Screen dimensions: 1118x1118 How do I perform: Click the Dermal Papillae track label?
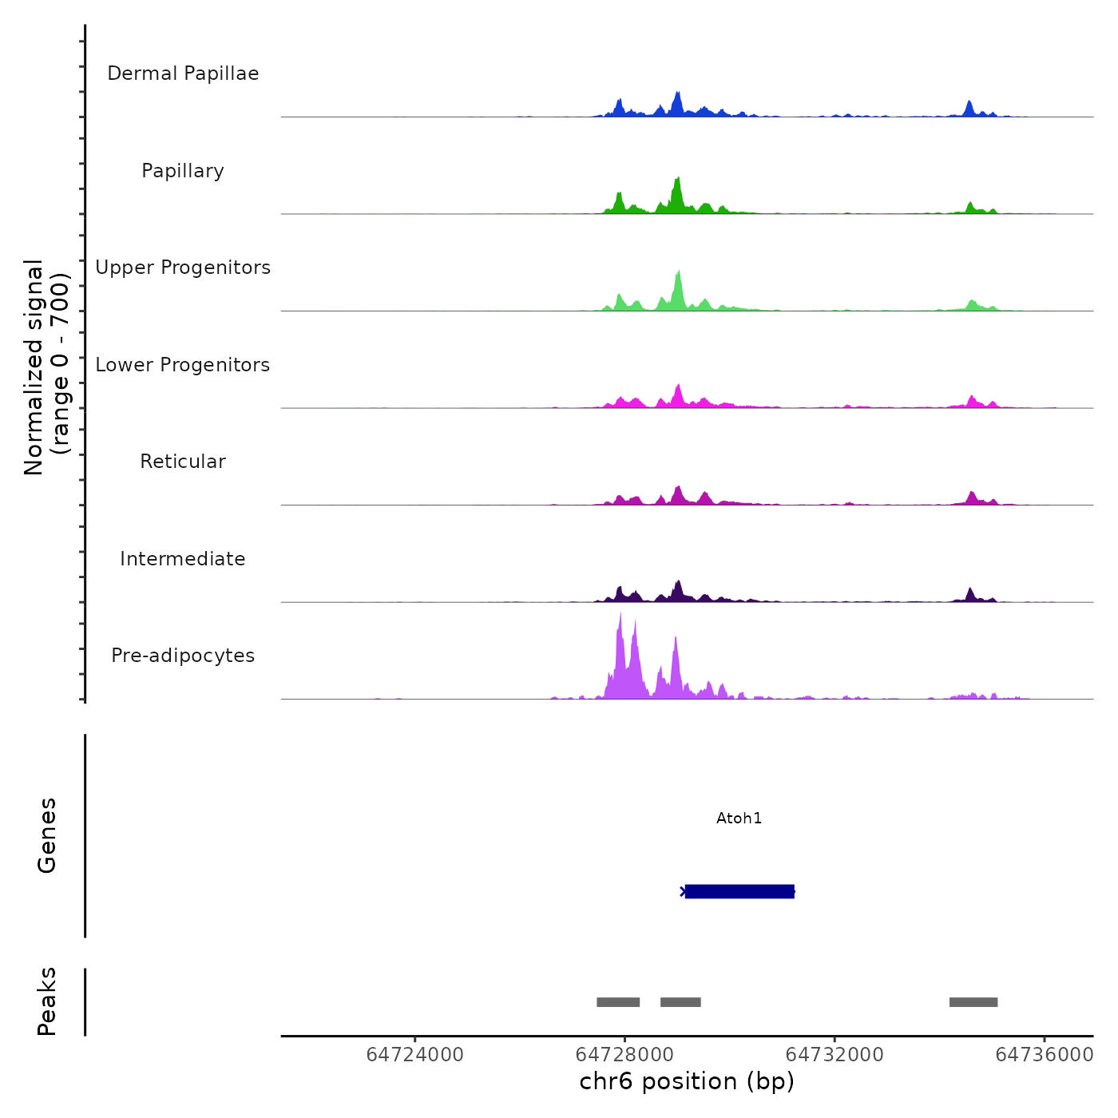183,73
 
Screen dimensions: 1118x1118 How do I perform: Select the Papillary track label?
183,171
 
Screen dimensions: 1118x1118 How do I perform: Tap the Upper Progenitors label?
183,268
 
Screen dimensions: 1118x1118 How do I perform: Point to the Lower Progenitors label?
183,365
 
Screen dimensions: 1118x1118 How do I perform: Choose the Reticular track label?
183,462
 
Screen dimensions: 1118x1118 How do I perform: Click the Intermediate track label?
183,559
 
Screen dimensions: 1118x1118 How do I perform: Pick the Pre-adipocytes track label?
183,656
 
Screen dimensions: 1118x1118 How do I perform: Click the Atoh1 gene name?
739,818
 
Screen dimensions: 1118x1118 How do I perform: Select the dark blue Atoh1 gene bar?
739,891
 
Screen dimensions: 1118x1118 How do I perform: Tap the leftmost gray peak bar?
618,1002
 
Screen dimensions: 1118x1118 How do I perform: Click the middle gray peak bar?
680,1002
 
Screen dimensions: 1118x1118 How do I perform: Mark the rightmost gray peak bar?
973,1002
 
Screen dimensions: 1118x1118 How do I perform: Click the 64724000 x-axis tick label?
414,1055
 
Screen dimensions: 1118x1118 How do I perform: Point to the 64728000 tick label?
624,1055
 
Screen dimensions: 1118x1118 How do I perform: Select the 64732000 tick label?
835,1055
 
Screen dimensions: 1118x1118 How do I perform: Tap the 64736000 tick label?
1044,1055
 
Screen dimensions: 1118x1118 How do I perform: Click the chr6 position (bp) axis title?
687,1081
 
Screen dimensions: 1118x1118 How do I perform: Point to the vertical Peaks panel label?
46,1001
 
